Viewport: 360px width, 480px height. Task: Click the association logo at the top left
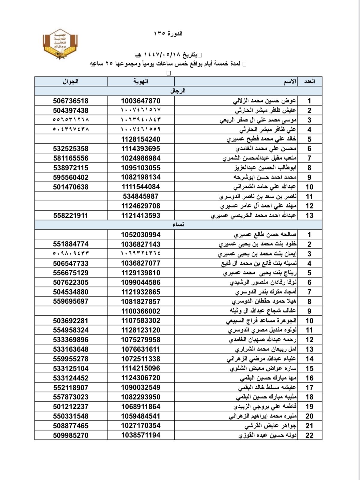click(x=60, y=44)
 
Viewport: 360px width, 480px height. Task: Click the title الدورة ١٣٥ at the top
click(x=168, y=33)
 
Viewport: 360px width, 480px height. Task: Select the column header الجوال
click(x=70, y=81)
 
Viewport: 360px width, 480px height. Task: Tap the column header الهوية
click(x=141, y=81)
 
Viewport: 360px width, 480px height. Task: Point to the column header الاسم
click(x=290, y=81)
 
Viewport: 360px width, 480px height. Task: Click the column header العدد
click(x=309, y=81)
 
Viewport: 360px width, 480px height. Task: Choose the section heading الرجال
click(x=178, y=91)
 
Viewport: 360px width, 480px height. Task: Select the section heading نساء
click(x=178, y=225)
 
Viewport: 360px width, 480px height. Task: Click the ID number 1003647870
click(x=141, y=101)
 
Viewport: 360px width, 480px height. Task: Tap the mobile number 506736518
click(x=71, y=101)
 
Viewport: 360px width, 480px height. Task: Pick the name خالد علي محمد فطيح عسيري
click(x=261, y=139)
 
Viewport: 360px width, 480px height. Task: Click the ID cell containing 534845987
click(x=141, y=196)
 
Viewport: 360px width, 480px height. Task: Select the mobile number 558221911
click(x=71, y=215)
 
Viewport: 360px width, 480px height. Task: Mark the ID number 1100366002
click(x=141, y=311)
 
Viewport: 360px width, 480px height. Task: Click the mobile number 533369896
click(x=71, y=340)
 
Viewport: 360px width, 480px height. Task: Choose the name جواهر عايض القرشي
click(x=270, y=426)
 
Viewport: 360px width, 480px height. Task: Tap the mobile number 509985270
click(x=71, y=435)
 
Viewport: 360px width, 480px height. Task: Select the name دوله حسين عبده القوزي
click(x=268, y=435)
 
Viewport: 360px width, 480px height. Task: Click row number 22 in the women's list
click(x=309, y=435)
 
